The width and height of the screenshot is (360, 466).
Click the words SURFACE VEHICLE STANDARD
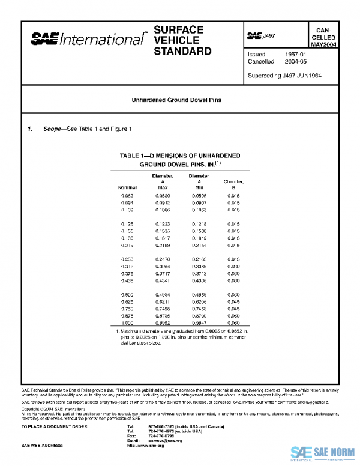coord(182,40)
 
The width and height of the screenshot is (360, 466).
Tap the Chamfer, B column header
coord(233,184)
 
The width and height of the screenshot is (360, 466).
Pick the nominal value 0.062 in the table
coord(127,196)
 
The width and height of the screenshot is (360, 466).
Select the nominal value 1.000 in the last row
coord(127,322)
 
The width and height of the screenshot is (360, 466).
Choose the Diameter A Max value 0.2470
coord(163,259)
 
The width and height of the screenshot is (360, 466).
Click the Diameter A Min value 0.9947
coord(199,322)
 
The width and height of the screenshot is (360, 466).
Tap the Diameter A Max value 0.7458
coord(163,308)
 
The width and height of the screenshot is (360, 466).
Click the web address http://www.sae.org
coord(145,446)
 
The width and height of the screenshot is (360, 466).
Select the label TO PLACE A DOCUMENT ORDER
coord(55,426)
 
